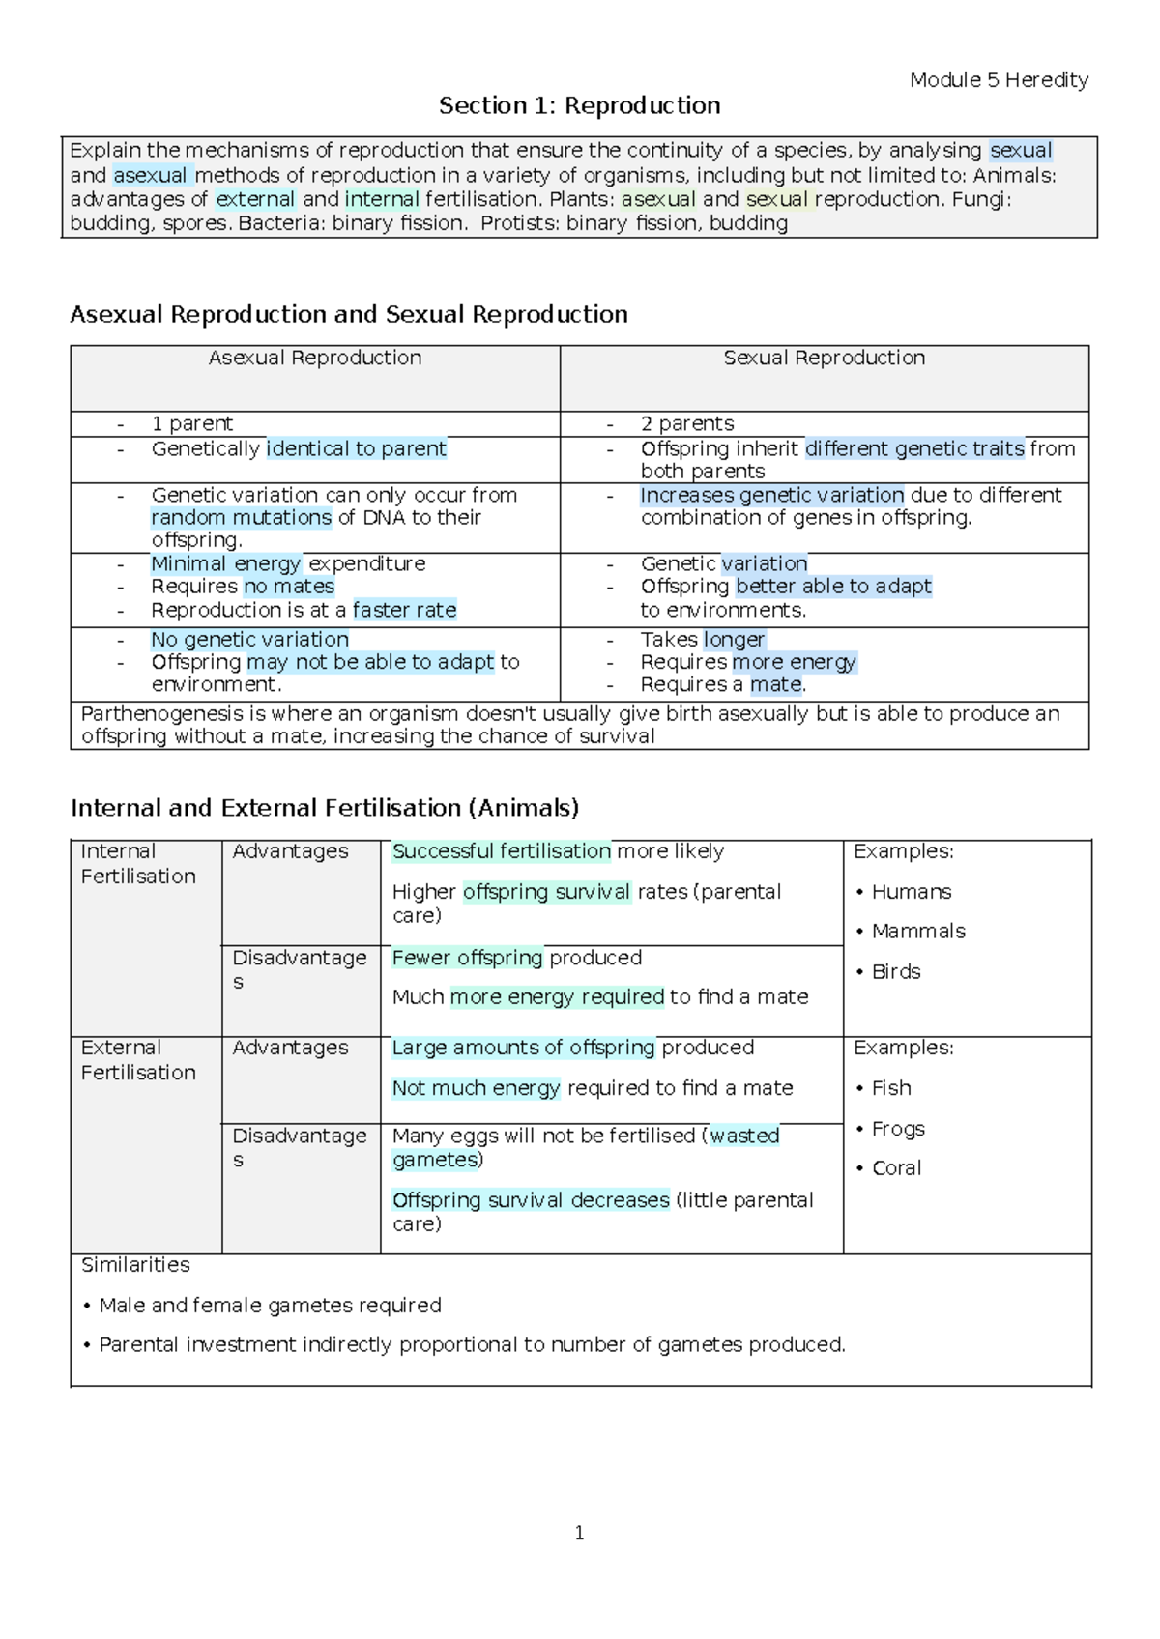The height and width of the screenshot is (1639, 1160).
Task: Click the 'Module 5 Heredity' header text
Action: point(999,80)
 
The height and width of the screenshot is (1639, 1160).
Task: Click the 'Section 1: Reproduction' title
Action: point(579,105)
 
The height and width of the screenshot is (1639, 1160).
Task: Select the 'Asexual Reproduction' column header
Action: point(315,358)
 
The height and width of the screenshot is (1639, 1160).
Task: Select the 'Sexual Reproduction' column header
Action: point(824,358)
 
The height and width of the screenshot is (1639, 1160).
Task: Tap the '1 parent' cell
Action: point(191,423)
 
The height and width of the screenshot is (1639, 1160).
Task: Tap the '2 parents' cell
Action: point(686,423)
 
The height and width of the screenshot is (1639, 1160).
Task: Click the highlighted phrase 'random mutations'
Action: point(242,517)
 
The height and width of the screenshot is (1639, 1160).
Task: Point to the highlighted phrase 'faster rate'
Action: point(404,610)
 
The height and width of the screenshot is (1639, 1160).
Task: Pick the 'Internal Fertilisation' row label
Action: point(138,864)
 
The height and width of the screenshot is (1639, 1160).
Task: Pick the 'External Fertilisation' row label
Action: point(138,1060)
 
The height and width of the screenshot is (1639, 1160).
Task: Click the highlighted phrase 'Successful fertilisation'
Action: point(501,851)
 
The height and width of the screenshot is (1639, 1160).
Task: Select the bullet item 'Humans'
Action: point(911,892)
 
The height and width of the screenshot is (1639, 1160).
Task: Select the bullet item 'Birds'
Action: point(895,972)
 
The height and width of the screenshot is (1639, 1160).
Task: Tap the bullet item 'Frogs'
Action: point(897,1129)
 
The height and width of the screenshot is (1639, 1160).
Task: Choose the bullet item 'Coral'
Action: point(896,1168)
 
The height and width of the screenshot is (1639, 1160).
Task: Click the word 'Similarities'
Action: point(135,1265)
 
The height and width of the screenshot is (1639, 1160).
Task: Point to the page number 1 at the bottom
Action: point(579,1533)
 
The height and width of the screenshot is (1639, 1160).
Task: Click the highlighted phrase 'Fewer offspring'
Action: point(467,958)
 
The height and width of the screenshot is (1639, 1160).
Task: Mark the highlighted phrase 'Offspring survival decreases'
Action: point(531,1200)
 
